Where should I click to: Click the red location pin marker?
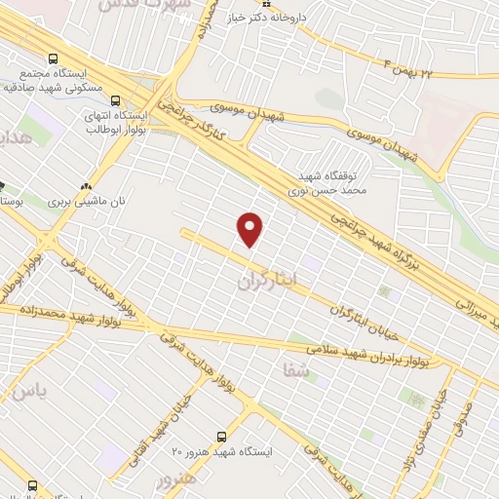(251, 229)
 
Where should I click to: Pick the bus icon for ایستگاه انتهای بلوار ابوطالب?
(116, 100)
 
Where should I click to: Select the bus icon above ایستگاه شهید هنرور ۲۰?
(222, 436)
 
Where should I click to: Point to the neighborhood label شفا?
(293, 371)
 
